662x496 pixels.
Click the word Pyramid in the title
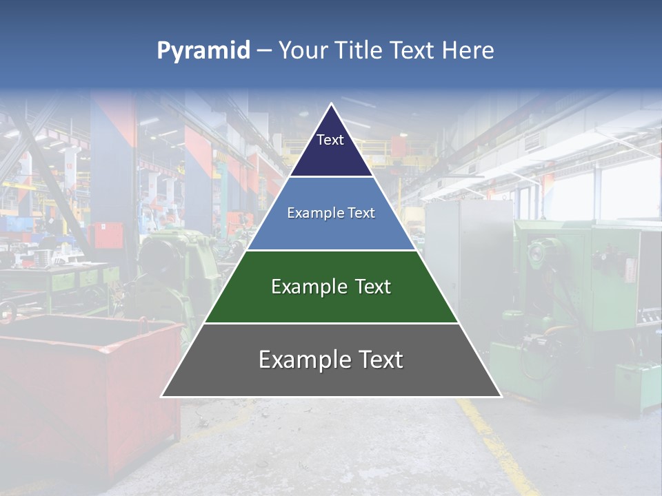click(203, 51)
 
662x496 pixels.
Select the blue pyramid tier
click(331, 231)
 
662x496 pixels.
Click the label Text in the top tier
click(330, 140)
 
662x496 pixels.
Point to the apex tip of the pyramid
click(332, 104)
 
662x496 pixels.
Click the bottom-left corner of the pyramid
click(163, 395)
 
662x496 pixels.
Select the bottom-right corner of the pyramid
click(501, 395)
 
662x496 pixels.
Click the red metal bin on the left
click(83, 386)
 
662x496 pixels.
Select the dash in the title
click(264, 50)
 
